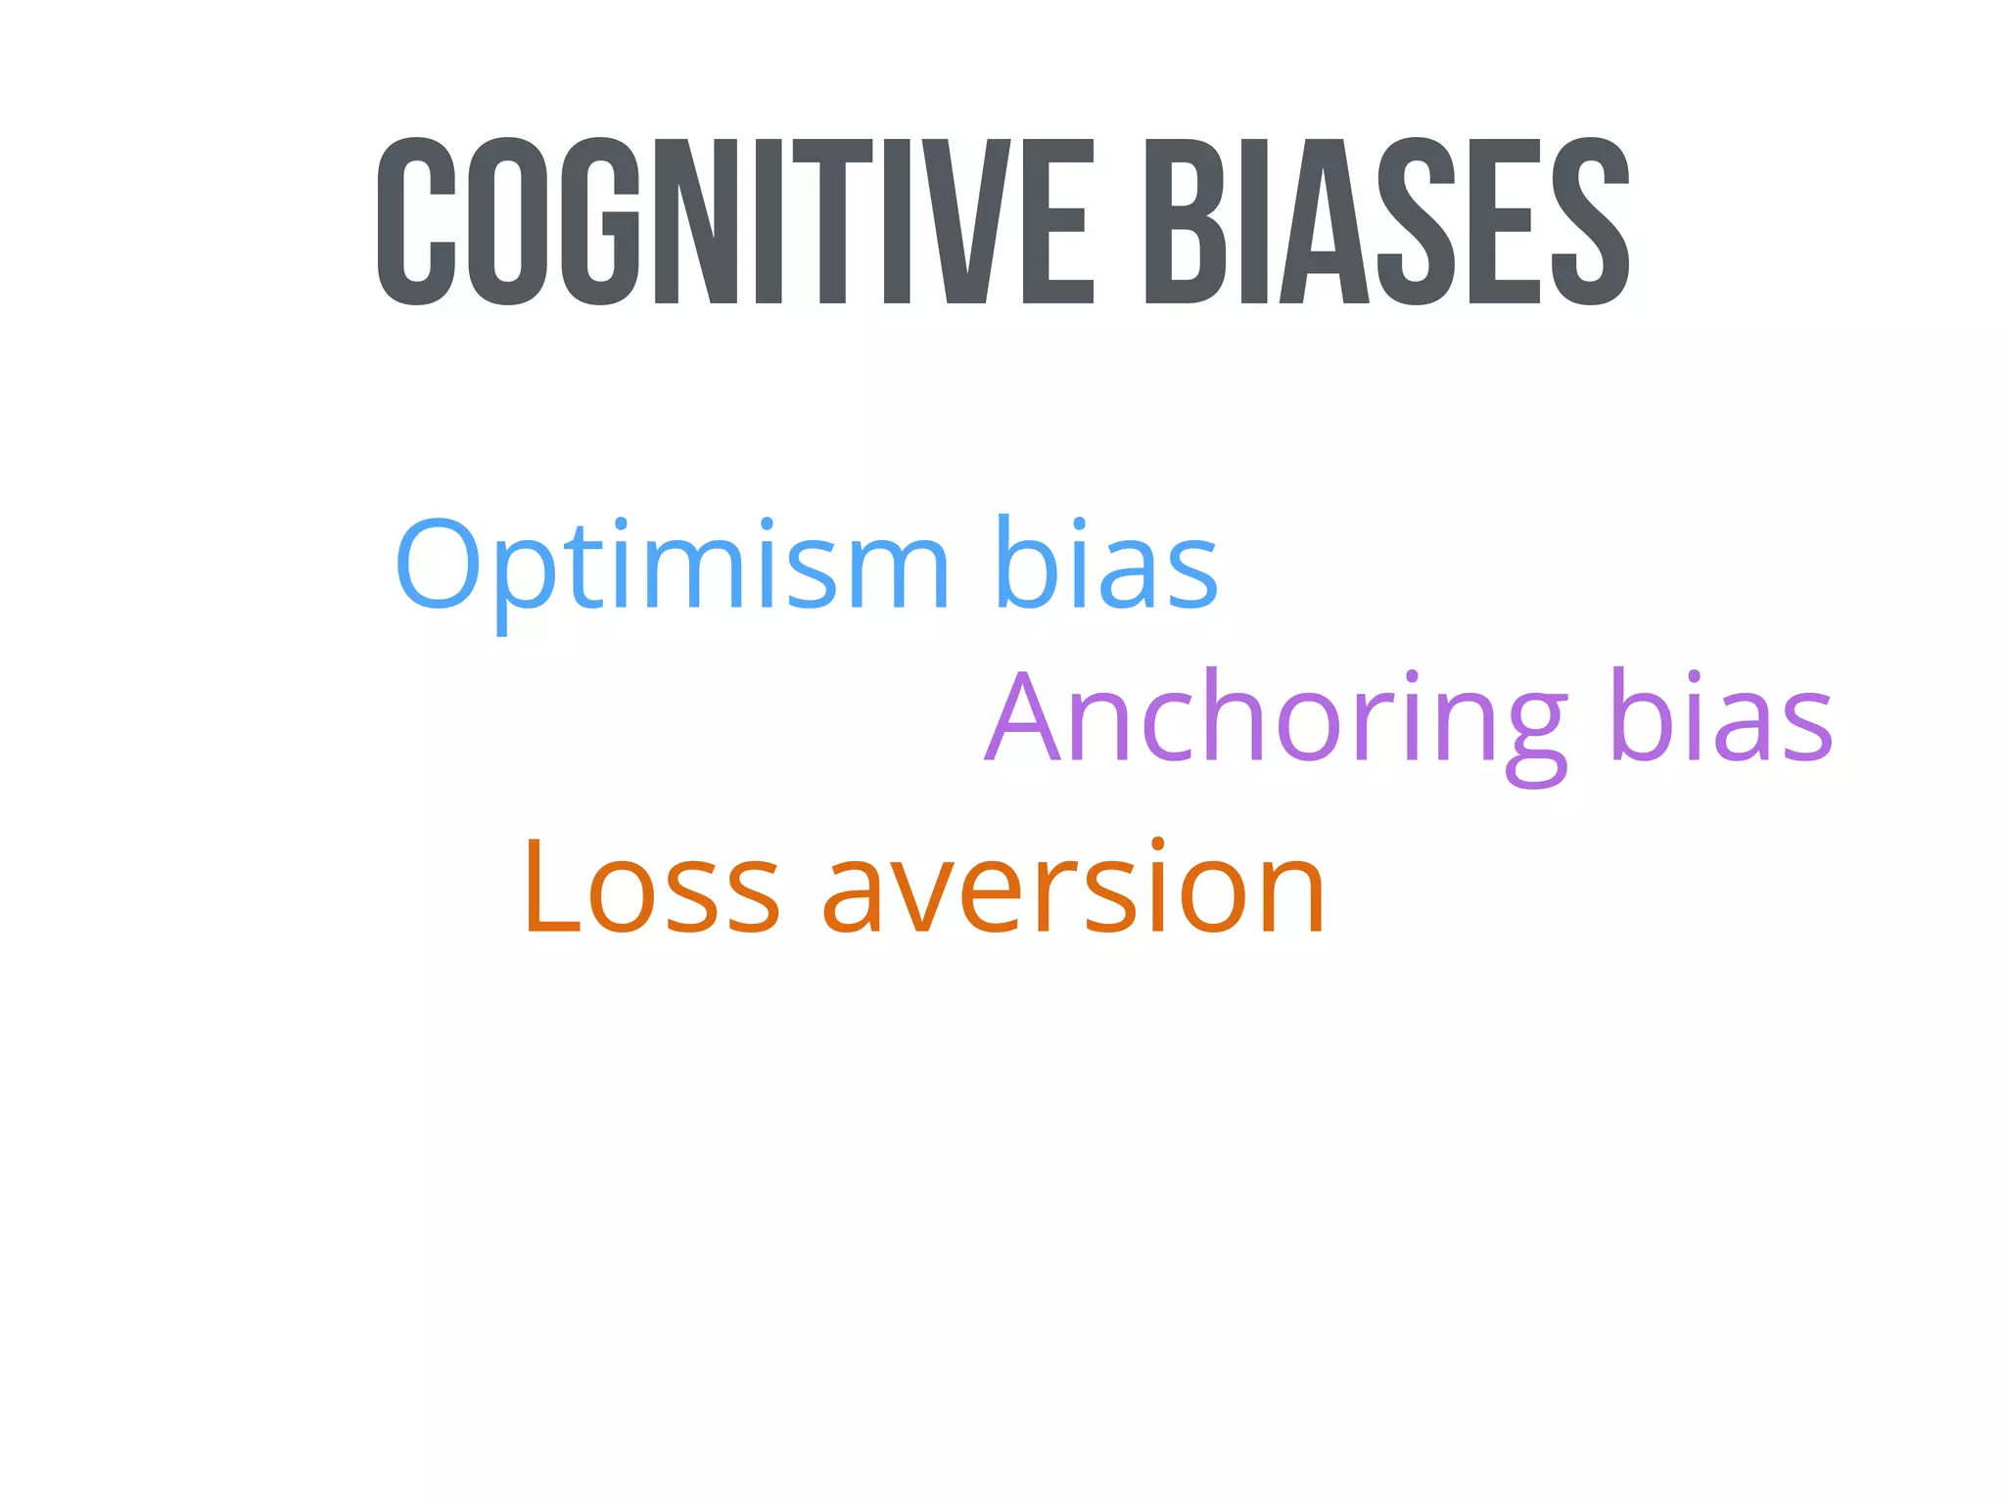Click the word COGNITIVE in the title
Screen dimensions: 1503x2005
(734, 221)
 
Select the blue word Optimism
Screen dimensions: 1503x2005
(672, 566)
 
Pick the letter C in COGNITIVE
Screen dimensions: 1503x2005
(416, 221)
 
